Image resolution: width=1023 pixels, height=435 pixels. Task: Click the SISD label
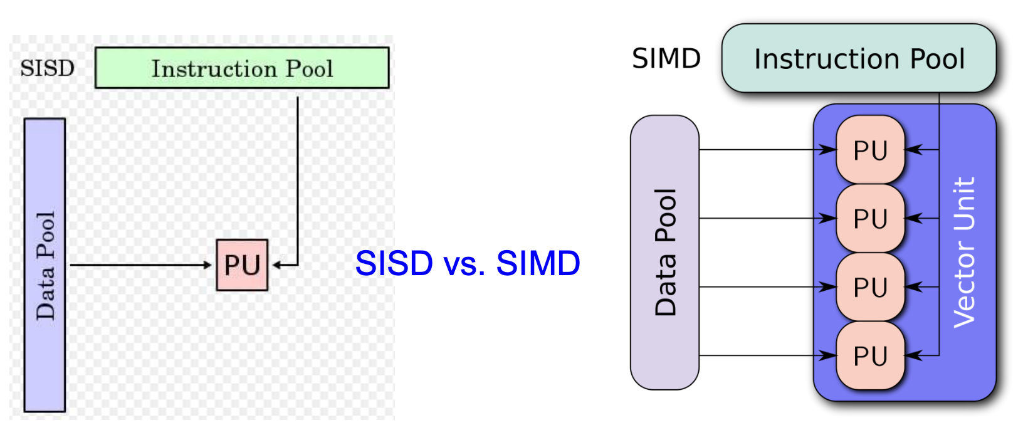pyautogui.click(x=47, y=68)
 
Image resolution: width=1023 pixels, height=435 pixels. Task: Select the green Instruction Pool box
pyautogui.click(x=242, y=68)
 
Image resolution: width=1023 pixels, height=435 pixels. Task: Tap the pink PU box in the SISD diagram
pyautogui.click(x=242, y=265)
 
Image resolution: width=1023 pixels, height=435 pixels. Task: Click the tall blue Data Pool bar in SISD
pyautogui.click(x=45, y=265)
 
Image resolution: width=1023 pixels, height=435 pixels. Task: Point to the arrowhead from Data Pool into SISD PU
pyautogui.click(x=208, y=265)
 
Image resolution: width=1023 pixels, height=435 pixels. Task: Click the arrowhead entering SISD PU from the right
pyautogui.click(x=276, y=265)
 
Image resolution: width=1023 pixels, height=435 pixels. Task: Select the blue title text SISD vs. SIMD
pyautogui.click(x=467, y=263)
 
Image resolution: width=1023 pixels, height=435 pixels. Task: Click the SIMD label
pyautogui.click(x=666, y=59)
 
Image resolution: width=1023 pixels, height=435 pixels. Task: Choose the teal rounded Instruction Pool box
pyautogui.click(x=859, y=59)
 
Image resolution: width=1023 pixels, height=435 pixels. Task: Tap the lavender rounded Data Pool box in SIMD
pyautogui.click(x=664, y=252)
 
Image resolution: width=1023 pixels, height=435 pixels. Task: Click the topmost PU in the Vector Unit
pyautogui.click(x=870, y=150)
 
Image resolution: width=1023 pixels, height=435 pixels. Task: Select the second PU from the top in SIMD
pyautogui.click(x=870, y=219)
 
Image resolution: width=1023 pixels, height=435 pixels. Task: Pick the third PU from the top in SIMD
pyautogui.click(x=870, y=288)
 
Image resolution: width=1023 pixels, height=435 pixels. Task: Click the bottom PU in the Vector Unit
pyautogui.click(x=870, y=356)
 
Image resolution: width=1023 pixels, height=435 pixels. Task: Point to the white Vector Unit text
pyautogui.click(x=964, y=252)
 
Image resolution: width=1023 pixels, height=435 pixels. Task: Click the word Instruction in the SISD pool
pyautogui.click(x=215, y=68)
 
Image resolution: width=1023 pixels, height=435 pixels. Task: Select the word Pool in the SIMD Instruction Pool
pyautogui.click(x=937, y=59)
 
